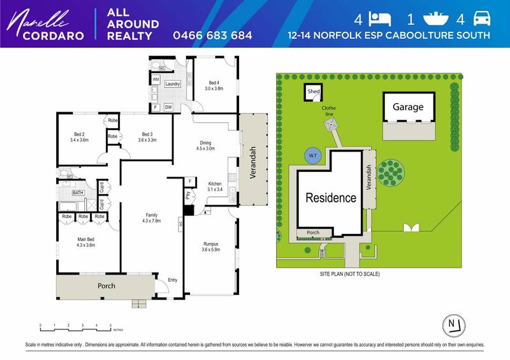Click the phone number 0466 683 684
[212, 34]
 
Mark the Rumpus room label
[210, 242]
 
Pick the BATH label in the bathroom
[78, 192]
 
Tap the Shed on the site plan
[314, 92]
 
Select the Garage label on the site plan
[407, 107]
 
